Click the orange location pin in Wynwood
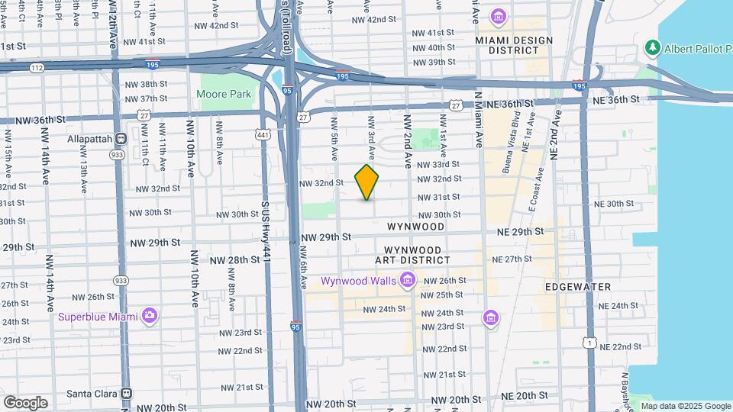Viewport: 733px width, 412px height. coord(367,182)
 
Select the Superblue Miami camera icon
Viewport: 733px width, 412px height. coord(150,316)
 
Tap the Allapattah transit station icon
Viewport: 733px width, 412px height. coord(120,140)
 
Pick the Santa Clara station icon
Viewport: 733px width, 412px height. coord(128,394)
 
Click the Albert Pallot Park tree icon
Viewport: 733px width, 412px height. coord(652,49)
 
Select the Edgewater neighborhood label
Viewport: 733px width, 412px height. coord(578,287)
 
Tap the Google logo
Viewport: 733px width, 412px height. coord(25,402)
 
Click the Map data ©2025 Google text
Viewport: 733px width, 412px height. coord(686,406)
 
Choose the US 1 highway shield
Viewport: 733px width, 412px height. coord(590,344)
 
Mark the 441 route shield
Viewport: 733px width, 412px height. coord(262,134)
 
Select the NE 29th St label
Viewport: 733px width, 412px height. coord(520,231)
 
